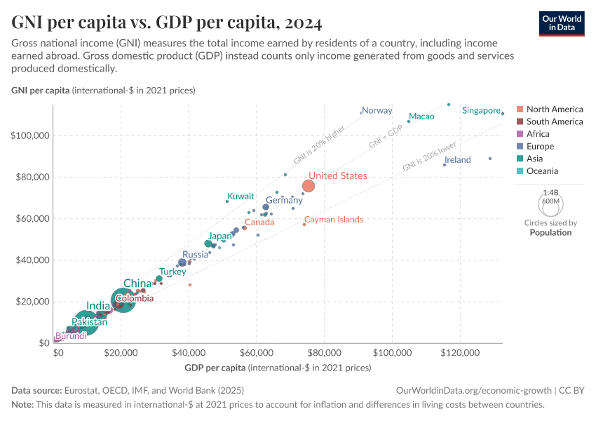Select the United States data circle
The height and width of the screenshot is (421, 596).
pos(309,186)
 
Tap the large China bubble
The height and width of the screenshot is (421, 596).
pos(123,300)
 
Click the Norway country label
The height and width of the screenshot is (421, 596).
pos(377,110)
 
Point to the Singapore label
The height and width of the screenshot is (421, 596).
pos(481,110)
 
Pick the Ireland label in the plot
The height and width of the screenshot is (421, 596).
pos(458,160)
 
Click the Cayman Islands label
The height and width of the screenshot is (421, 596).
pos(334,220)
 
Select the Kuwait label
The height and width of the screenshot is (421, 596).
pos(241,196)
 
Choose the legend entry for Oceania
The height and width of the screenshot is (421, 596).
pos(543,171)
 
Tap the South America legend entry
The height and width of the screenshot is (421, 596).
pos(554,121)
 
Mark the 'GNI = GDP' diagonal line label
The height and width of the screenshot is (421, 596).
pos(386,137)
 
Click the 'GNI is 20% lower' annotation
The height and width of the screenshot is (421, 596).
pos(430,156)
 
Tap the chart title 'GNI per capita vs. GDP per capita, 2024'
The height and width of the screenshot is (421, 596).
pos(167,23)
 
